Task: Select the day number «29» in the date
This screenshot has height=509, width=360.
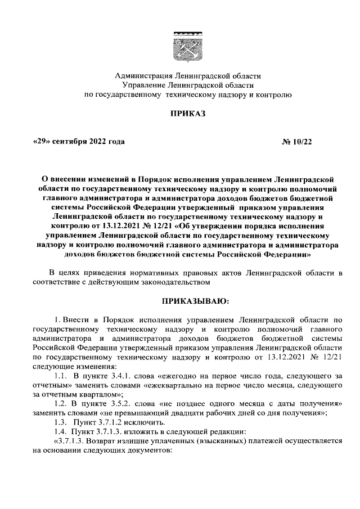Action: [42, 142]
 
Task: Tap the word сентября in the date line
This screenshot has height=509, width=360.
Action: [70, 142]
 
